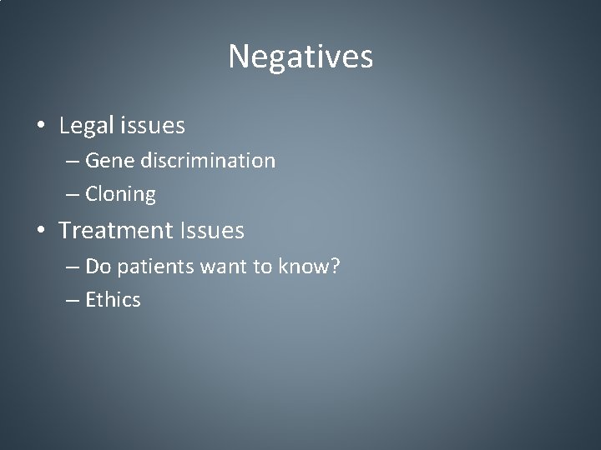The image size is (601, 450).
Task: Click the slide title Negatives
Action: pyautogui.click(x=300, y=57)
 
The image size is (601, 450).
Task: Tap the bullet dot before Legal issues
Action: pyautogui.click(x=41, y=127)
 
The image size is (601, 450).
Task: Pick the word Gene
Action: pyautogui.click(x=105, y=160)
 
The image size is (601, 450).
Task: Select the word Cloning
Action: pyautogui.click(x=121, y=195)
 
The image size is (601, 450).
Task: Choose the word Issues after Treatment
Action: pyautogui.click(x=211, y=231)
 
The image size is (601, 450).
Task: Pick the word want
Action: pyautogui.click(x=211, y=266)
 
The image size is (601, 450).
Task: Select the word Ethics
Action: pyautogui.click(x=113, y=299)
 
